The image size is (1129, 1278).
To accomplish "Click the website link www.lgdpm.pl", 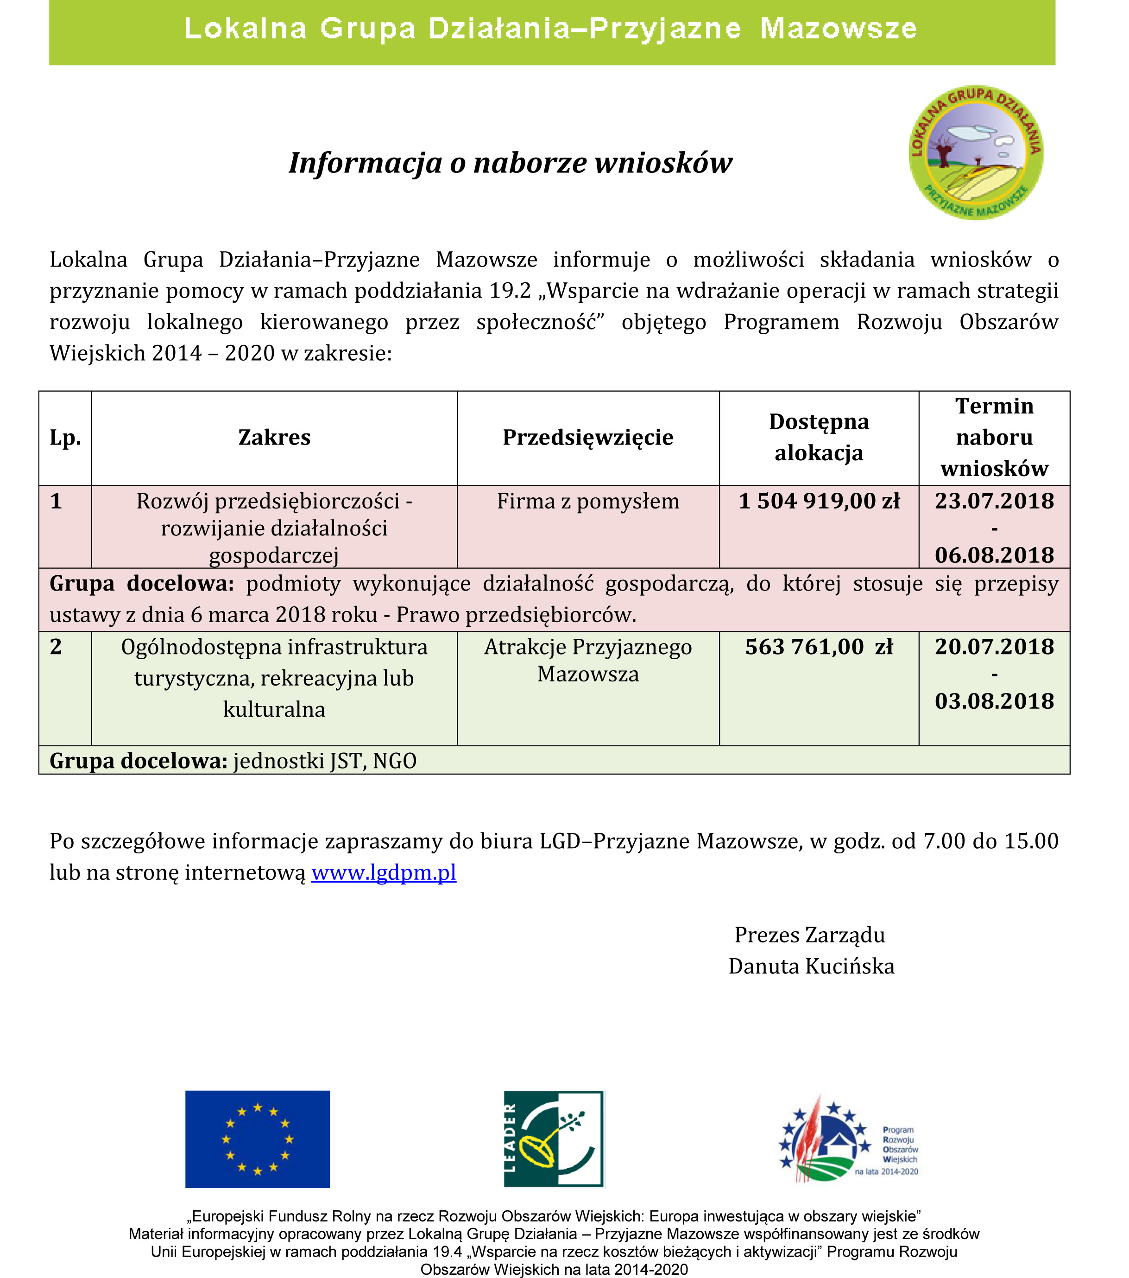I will [384, 872].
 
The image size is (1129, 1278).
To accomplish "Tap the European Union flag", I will [258, 1139].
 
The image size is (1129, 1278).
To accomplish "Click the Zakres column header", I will [274, 438].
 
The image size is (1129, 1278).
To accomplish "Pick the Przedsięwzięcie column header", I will [588, 438].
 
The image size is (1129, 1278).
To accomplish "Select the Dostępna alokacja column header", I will [819, 437].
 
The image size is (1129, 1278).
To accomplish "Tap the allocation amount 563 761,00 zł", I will [819, 647].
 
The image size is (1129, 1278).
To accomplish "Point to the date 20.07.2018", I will [994, 647].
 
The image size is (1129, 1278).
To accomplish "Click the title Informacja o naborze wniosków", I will [510, 163].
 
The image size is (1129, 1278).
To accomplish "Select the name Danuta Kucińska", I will [811, 966].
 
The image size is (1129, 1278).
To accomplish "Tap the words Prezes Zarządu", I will [810, 935].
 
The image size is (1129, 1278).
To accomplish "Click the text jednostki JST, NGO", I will [325, 761].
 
